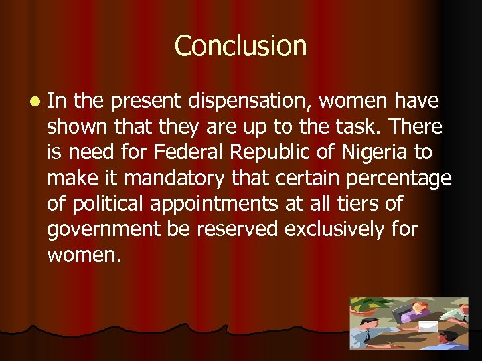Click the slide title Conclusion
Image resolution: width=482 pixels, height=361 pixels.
point(240,46)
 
